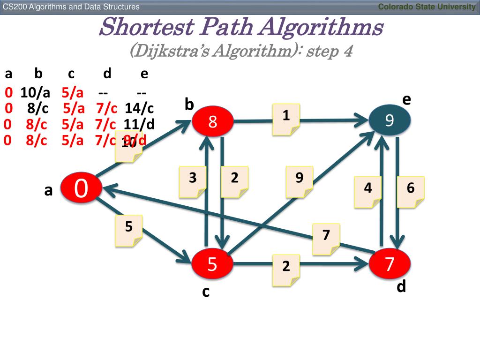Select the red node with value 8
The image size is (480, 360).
[213, 122]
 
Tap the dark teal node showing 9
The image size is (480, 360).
[390, 121]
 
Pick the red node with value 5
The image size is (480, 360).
[212, 264]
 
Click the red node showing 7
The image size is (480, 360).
[390, 263]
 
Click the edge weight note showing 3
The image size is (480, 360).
[193, 181]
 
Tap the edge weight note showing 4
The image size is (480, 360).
[368, 191]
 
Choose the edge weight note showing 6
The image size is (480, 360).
[411, 191]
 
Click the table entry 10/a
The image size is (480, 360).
[35, 92]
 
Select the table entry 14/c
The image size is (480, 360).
[139, 108]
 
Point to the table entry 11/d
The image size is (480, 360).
[139, 124]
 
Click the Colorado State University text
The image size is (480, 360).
[427, 7]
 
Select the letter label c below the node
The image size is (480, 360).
[205, 292]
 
